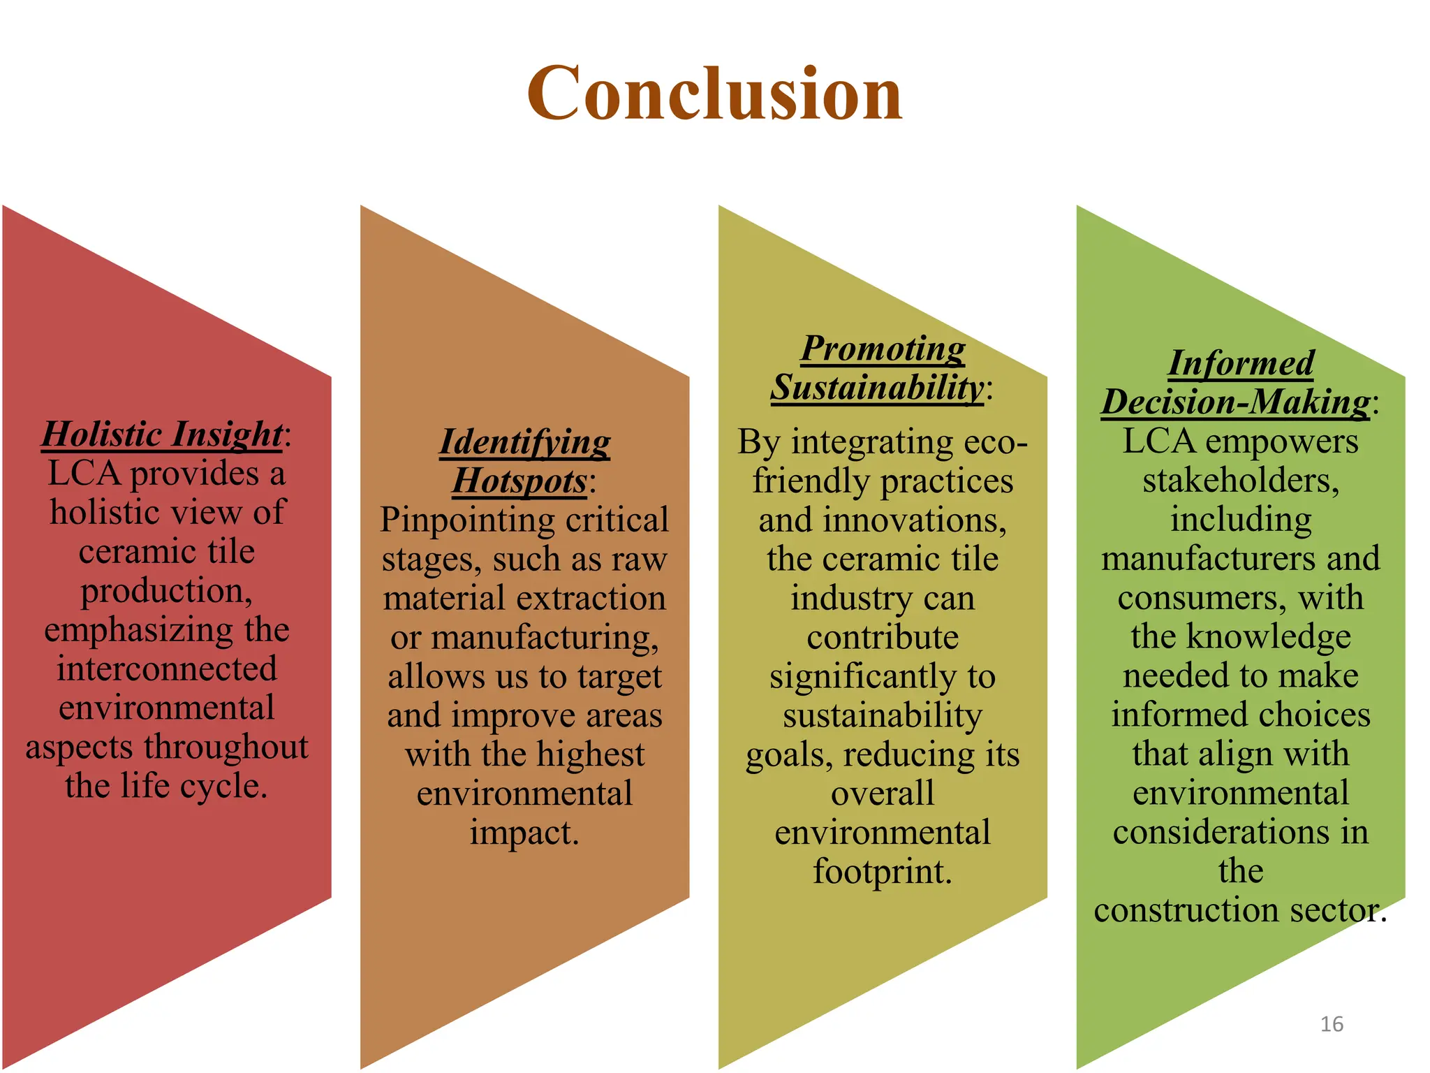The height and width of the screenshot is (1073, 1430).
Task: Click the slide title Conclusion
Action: pyautogui.click(x=714, y=93)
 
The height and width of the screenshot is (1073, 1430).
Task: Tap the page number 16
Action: pyautogui.click(x=1332, y=1024)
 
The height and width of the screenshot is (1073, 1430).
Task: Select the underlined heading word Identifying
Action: pyautogui.click(x=524, y=442)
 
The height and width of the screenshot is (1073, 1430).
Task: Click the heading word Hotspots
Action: pyautogui.click(x=519, y=481)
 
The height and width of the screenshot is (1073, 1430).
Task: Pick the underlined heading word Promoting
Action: pyautogui.click(x=883, y=348)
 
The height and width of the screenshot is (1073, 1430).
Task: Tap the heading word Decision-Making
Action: pyautogui.click(x=1235, y=402)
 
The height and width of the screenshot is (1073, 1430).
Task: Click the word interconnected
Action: pyautogui.click(x=167, y=669)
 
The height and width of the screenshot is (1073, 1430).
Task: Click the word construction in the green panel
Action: pyautogui.click(x=1186, y=910)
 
